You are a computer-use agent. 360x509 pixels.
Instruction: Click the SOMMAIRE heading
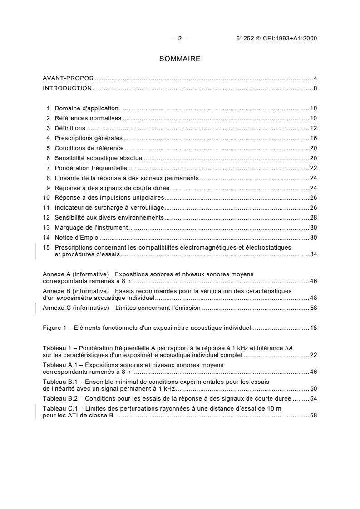tap(180, 59)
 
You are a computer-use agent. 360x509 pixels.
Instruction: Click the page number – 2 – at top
tap(180, 39)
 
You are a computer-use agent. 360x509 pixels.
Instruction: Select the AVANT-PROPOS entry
tap(68, 79)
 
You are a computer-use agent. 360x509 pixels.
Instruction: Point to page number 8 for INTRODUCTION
tap(315, 88)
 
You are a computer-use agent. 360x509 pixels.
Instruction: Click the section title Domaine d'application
tap(86, 108)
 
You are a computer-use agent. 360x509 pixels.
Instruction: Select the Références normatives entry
tap(88, 118)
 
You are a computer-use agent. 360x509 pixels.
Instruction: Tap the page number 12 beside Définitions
tap(313, 128)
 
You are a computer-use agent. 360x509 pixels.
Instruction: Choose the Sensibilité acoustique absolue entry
tap(99, 158)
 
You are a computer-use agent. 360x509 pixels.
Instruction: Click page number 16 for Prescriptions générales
tap(313, 138)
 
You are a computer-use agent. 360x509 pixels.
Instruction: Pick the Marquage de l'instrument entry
tap(92, 228)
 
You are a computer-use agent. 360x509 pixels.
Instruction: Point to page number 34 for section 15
tap(313, 254)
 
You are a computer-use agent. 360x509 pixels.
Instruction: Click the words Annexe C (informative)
tap(76, 308)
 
